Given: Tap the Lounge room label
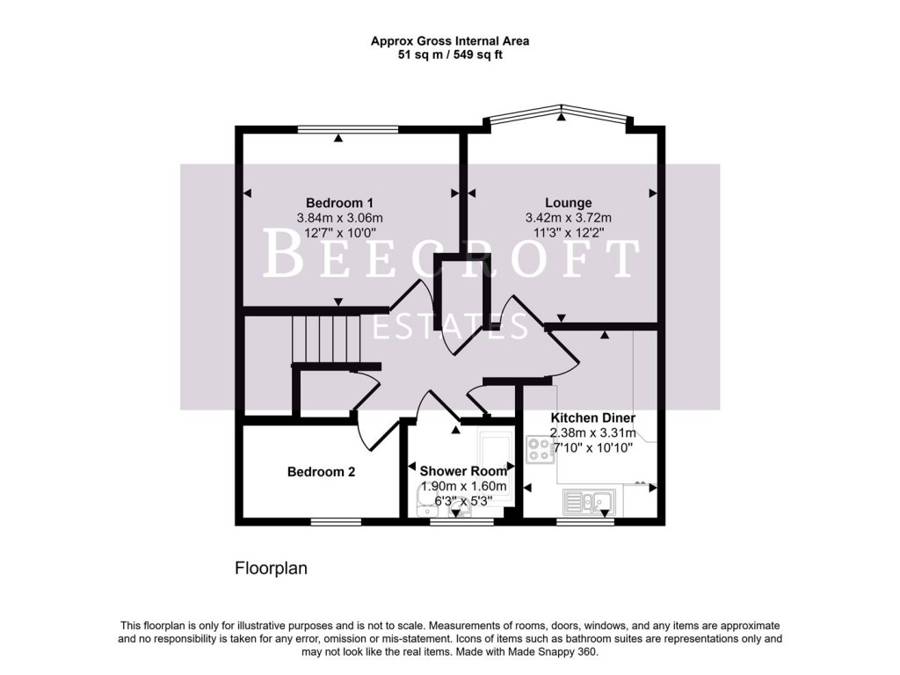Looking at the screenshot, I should click(568, 203).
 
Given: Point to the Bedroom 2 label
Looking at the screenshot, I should click(321, 472).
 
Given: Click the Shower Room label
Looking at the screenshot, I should click(463, 472).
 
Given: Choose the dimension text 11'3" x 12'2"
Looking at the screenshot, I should click(568, 233).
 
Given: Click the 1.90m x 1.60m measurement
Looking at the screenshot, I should click(463, 486).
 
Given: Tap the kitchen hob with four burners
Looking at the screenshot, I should click(539, 450).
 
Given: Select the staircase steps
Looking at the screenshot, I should click(326, 337).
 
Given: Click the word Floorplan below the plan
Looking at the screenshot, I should click(271, 568).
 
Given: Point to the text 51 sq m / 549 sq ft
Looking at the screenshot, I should click(449, 54).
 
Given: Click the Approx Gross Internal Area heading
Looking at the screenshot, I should click(449, 40).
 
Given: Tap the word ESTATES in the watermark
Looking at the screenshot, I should click(450, 326).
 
